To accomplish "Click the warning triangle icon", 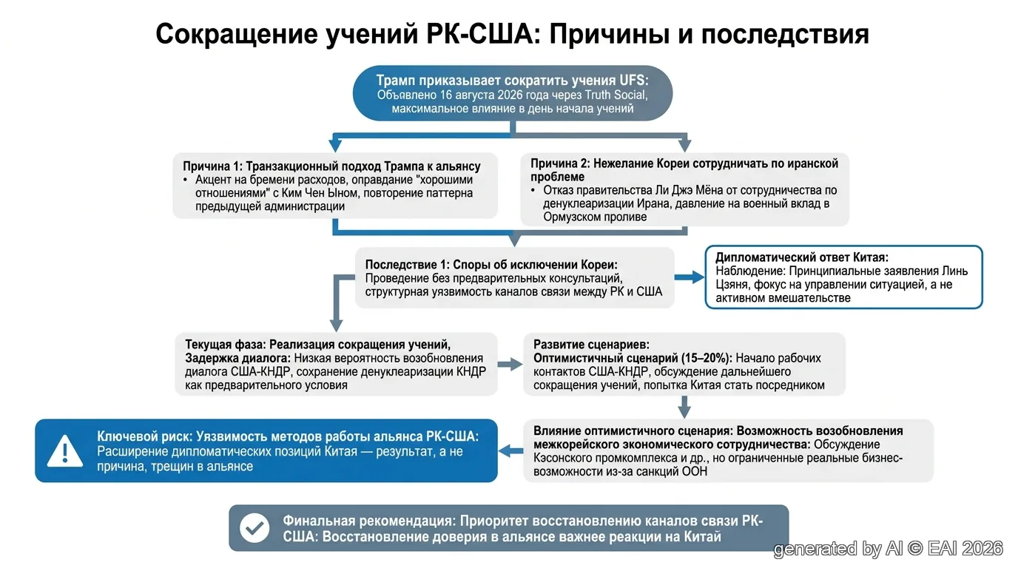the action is (65, 450).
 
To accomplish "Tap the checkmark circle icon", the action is (254, 528).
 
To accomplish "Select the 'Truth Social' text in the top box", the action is (616, 95).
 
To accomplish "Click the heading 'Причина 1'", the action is (212, 166).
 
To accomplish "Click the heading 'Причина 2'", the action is (561, 163).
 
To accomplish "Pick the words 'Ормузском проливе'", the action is (594, 217).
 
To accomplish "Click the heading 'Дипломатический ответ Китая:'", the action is (802, 257).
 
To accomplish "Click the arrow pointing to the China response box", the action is (690, 277).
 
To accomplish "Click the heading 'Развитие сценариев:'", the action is (591, 345).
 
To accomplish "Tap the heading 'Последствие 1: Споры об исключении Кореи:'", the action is (491, 265).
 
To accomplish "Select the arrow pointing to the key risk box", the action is (511, 450).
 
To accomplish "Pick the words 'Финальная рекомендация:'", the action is (369, 521).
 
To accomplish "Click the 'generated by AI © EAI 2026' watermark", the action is (888, 549).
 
